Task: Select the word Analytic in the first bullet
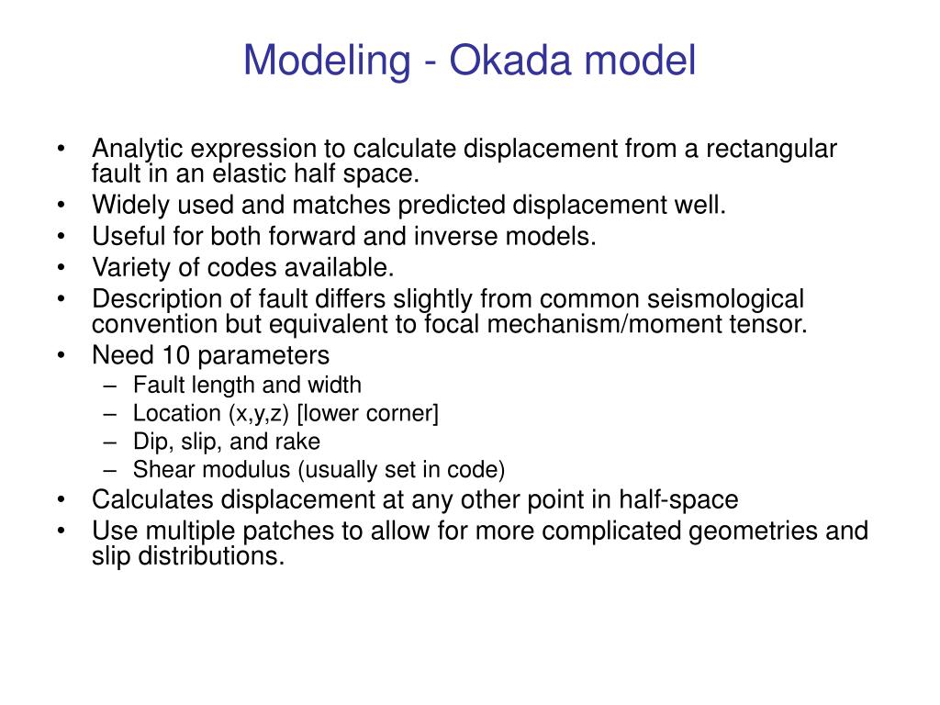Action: coord(128,149)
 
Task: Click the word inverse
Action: coord(445,236)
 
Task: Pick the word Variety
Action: coord(123,267)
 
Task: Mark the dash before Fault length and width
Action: coord(111,386)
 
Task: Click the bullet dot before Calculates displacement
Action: coord(61,501)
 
